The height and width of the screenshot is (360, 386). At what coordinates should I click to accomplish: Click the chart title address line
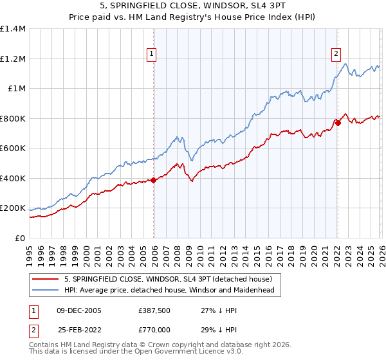click(x=193, y=6)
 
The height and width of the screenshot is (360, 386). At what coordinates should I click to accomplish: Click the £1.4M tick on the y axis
click(x=13, y=29)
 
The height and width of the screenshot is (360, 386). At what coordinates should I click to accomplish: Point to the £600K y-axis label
click(x=13, y=148)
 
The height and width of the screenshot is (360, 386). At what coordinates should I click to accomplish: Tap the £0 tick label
click(x=19, y=239)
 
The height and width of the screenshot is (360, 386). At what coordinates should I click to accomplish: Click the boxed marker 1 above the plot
click(x=151, y=55)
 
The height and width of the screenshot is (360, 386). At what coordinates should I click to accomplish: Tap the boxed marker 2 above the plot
click(x=336, y=55)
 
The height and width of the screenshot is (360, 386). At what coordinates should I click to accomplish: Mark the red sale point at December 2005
click(x=154, y=181)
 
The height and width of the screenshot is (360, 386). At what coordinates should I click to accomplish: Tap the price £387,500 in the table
click(x=154, y=310)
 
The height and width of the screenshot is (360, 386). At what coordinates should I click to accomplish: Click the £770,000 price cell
click(x=154, y=329)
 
